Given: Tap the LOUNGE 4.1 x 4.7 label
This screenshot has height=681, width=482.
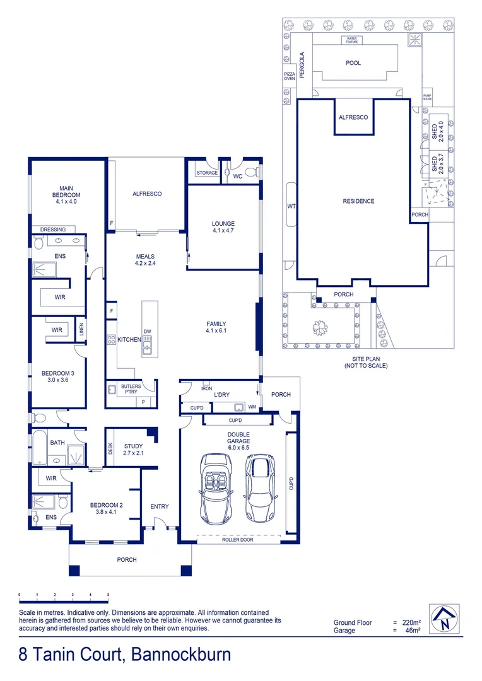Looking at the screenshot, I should [223, 227].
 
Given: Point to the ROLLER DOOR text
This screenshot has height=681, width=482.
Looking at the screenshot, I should [238, 540].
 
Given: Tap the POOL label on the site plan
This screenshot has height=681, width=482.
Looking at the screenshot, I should [353, 63].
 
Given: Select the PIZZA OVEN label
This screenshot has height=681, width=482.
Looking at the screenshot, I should [289, 76].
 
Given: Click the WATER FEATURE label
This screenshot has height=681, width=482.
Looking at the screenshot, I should [351, 40].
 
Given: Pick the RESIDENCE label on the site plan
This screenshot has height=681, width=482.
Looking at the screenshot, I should [358, 201].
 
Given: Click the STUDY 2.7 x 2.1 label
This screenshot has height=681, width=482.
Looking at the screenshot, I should [134, 449].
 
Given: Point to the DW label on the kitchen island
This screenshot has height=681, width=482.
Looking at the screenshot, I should [147, 332].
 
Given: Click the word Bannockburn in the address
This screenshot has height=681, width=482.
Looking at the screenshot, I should [181, 654].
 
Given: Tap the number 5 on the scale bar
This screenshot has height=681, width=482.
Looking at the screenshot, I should [109, 595].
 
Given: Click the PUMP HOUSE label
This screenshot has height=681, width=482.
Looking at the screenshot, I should [427, 97].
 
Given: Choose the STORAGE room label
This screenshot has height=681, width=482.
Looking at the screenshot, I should [206, 173].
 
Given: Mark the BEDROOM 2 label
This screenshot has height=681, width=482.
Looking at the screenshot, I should [106, 509].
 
